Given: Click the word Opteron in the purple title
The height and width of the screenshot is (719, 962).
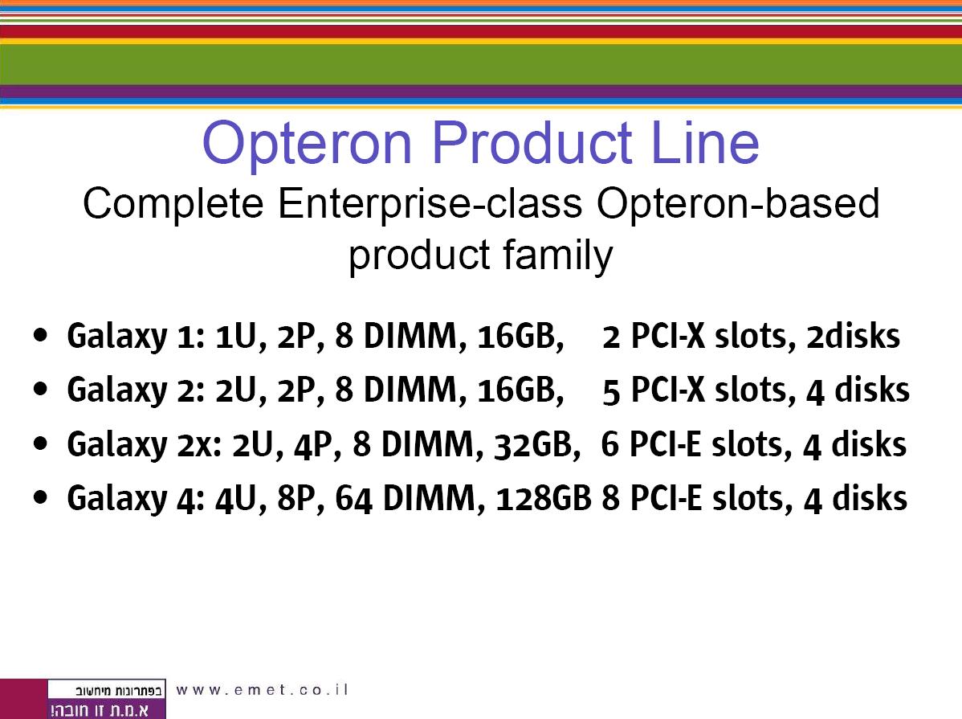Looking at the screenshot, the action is click(307, 145).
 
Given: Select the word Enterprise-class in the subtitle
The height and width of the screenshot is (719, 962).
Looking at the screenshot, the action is click(430, 205).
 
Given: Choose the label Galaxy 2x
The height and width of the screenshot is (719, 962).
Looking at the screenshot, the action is click(145, 445).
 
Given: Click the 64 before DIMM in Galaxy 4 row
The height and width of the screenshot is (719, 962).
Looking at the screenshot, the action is click(353, 498).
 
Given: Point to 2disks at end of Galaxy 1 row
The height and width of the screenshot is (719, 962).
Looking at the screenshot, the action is click(853, 336).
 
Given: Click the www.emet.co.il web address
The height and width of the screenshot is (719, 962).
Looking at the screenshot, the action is click(262, 690).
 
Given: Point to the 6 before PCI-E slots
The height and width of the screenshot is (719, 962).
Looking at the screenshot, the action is click(609, 444).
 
